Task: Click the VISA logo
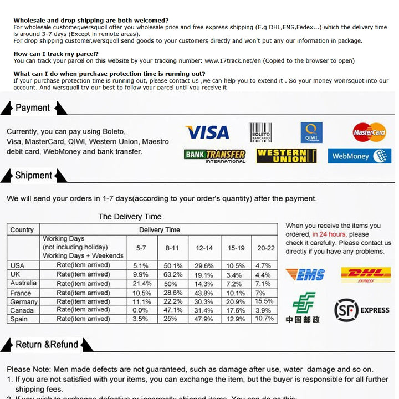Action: [x=207, y=132]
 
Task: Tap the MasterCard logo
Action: [x=369, y=132]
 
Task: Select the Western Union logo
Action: [x=286, y=156]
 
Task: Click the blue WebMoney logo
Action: [x=359, y=156]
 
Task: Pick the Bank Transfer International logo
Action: [x=214, y=156]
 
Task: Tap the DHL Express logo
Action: [x=366, y=274]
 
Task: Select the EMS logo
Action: [x=305, y=274]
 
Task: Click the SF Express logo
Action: [x=362, y=310]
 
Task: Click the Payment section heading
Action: [x=33, y=108]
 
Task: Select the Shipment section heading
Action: [x=33, y=176]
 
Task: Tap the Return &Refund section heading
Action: [x=47, y=345]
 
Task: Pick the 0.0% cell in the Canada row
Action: [x=141, y=310]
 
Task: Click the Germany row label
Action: [x=24, y=301]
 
